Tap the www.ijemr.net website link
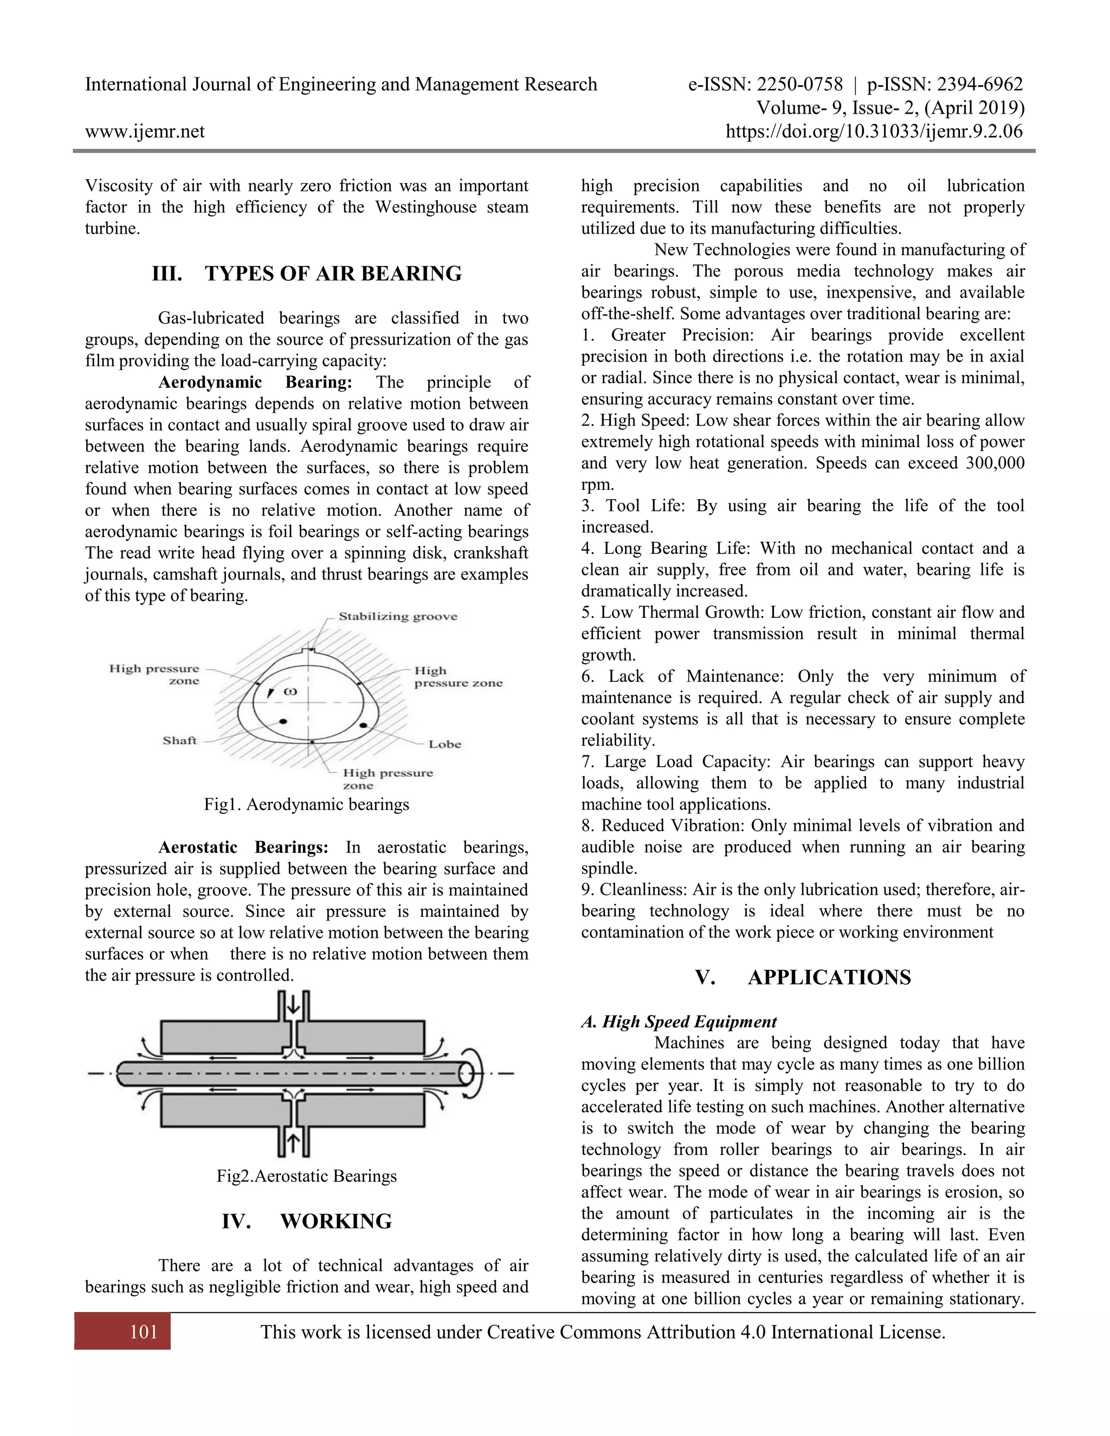145,132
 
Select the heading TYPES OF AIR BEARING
333,274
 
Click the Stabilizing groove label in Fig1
398,616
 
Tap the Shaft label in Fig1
179,740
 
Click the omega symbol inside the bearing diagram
291,691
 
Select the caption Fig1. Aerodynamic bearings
306,804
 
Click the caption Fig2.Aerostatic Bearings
306,1176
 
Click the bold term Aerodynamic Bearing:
255,382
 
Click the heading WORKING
335,1221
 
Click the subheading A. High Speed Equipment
679,1021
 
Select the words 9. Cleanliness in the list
635,890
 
